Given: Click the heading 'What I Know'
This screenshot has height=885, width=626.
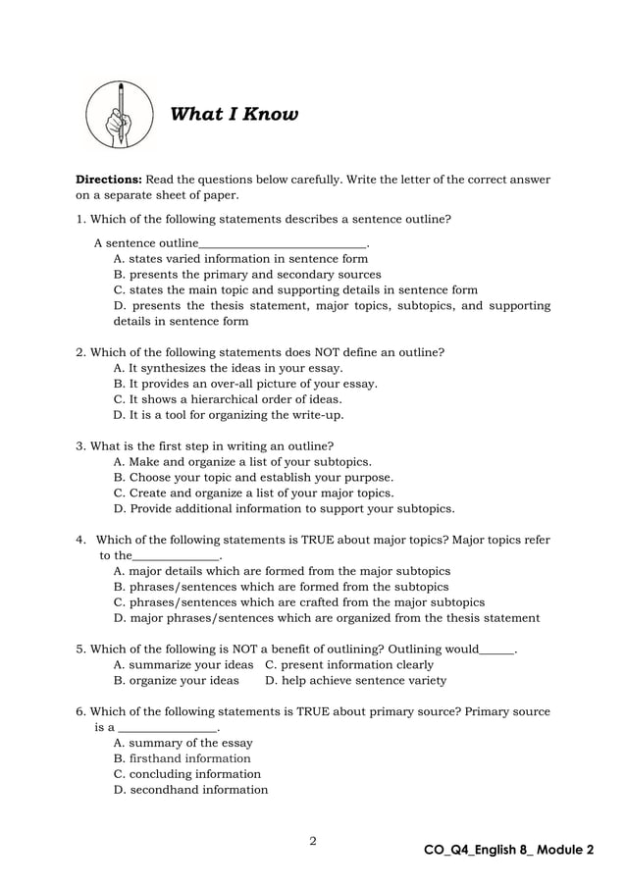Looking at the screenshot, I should (x=234, y=115).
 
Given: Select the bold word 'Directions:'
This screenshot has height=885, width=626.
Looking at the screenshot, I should (x=110, y=180).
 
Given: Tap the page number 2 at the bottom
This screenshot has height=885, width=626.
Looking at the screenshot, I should (x=312, y=840).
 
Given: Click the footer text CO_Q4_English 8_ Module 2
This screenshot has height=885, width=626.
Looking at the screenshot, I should (x=508, y=849).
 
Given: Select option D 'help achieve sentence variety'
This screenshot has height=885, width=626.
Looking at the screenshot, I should (x=356, y=680).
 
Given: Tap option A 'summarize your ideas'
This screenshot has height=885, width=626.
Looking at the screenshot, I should (x=183, y=664).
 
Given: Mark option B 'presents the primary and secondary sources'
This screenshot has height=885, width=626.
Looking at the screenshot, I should (x=247, y=275).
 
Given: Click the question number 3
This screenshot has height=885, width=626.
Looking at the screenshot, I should (x=80, y=446).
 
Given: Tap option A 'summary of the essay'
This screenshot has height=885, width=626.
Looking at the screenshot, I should (x=183, y=743).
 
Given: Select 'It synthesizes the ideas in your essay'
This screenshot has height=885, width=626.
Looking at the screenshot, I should (x=228, y=368).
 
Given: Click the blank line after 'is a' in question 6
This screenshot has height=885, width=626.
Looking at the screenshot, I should (x=167, y=728).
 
